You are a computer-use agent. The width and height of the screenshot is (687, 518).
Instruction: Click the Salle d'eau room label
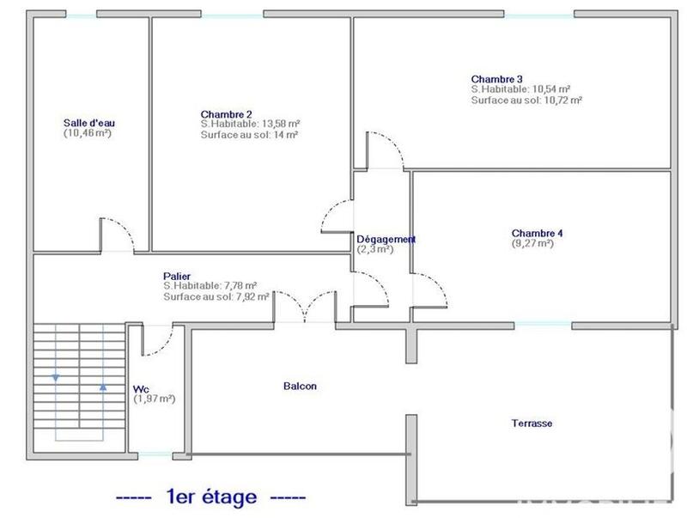[x=88, y=123]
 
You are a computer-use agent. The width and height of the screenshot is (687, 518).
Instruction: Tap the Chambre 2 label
[x=226, y=114]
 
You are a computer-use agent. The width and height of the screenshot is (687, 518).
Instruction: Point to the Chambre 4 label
[x=538, y=233]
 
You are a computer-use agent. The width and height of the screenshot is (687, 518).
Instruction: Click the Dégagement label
[x=386, y=240]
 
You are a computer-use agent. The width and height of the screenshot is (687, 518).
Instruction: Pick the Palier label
[x=177, y=276]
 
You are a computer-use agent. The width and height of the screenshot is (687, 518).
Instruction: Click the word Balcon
[x=300, y=386]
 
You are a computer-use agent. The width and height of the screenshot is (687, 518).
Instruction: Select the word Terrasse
[x=532, y=424]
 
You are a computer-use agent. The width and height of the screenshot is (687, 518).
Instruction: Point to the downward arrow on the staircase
[x=57, y=375]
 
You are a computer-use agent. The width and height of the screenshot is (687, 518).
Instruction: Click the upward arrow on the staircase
[x=103, y=386]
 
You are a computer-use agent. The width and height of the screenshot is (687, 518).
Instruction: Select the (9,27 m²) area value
[x=532, y=243]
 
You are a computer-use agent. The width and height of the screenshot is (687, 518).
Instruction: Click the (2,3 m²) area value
[x=375, y=249]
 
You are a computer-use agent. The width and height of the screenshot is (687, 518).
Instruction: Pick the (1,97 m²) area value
[x=155, y=399]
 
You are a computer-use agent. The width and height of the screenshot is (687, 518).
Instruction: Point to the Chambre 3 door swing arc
[x=386, y=149]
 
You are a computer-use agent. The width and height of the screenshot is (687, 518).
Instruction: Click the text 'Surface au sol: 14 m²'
[x=250, y=135]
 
